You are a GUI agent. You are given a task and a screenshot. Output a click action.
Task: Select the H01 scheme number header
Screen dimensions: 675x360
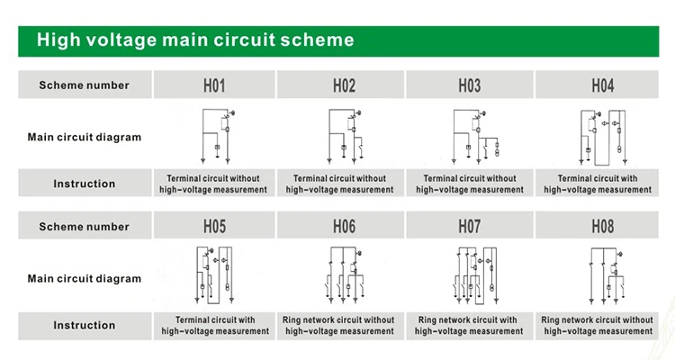point(214,85)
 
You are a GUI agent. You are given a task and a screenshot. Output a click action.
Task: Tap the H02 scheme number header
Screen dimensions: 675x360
point(344,85)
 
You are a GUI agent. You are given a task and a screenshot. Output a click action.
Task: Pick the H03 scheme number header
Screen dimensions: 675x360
point(469,85)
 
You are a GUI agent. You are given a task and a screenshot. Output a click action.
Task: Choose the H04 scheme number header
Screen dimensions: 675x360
point(603,85)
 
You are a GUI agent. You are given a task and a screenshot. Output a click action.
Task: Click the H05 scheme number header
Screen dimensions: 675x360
point(214,227)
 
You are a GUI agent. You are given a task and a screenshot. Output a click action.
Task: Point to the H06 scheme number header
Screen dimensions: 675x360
point(344,227)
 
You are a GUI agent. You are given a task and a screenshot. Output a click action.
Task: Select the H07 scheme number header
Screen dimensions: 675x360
point(469,227)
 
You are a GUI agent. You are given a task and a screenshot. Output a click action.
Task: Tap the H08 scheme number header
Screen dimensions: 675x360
point(603,227)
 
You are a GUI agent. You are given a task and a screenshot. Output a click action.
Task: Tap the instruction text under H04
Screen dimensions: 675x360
point(598,184)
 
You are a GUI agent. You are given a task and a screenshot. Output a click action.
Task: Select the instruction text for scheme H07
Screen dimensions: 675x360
point(468,325)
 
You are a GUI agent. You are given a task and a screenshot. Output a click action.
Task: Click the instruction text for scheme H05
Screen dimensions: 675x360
point(215,325)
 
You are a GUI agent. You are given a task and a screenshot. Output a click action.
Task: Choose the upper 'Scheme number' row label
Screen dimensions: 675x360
point(84,85)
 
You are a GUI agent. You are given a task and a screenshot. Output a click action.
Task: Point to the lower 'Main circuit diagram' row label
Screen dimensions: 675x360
point(84,278)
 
